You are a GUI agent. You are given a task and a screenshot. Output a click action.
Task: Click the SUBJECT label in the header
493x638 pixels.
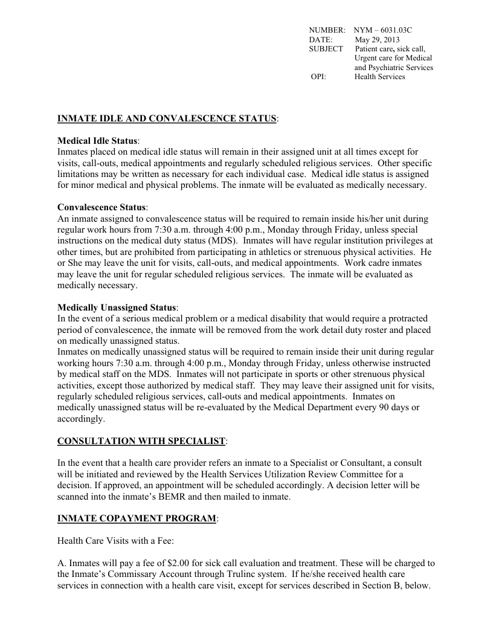point(326,49)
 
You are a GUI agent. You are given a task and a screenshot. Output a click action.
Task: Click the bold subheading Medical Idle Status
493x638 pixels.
point(97,141)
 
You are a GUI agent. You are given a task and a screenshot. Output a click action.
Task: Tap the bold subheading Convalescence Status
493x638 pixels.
point(101,207)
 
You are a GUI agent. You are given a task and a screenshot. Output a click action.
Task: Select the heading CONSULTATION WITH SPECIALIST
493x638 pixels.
point(141,441)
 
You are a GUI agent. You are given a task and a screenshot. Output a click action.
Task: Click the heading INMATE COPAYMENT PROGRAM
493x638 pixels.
point(136,518)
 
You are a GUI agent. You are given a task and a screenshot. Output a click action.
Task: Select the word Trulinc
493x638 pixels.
point(221,574)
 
